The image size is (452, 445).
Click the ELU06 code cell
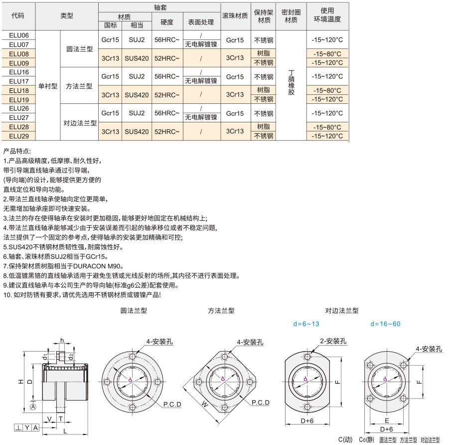(19, 35)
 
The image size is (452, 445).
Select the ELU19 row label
(19, 100)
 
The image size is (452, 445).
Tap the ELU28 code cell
(19, 127)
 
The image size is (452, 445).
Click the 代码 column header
(18, 15)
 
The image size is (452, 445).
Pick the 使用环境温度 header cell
(327, 15)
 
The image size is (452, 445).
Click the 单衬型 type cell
(48, 86)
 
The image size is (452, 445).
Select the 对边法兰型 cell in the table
(80, 123)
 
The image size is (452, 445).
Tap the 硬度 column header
(167, 22)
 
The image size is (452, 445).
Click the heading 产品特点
(17, 151)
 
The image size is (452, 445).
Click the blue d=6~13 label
(306, 324)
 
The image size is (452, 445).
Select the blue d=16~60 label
(385, 324)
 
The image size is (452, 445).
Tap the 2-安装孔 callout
(333, 341)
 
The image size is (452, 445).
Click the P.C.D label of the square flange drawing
(261, 403)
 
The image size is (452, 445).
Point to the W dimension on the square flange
(204, 404)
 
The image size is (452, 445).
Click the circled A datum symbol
(33, 407)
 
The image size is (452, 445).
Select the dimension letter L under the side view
(65, 431)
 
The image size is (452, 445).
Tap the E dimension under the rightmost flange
(387, 421)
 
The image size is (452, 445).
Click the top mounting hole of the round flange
(133, 356)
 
